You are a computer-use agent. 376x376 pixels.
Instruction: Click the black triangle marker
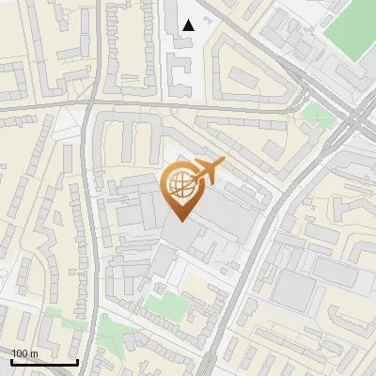click(190, 25)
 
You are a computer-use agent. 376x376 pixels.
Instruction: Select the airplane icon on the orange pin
click(208, 170)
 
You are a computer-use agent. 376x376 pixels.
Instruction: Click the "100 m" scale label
click(24, 353)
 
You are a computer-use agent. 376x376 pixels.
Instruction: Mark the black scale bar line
click(44, 362)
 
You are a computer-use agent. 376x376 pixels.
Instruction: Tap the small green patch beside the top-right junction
click(318, 116)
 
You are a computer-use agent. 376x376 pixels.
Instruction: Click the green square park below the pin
click(168, 305)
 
